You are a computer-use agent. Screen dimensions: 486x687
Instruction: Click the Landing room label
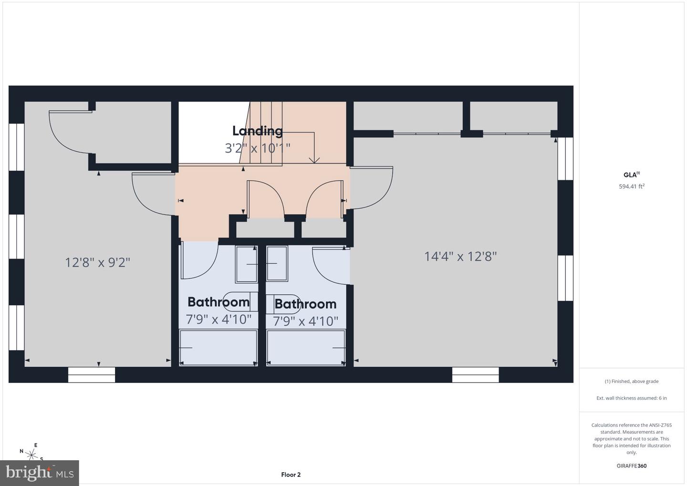tap(258, 131)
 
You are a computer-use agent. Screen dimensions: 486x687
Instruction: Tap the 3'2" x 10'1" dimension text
tap(258, 148)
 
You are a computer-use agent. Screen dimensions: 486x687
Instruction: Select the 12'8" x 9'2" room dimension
tap(98, 262)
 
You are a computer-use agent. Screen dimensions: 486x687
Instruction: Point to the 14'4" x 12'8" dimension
tap(460, 257)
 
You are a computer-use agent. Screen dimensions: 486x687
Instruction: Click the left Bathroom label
tap(219, 302)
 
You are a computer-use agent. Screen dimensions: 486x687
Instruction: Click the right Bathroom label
tap(305, 304)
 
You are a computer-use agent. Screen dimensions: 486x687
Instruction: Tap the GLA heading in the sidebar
tap(631, 175)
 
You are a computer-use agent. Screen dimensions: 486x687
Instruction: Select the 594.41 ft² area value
tap(631, 186)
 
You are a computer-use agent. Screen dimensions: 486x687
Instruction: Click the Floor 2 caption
tap(291, 475)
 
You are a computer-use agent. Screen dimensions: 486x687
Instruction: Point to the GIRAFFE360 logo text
tap(631, 466)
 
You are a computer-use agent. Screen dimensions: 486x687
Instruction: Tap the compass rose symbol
tap(32, 454)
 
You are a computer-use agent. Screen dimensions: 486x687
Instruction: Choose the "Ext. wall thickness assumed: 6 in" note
tap(631, 398)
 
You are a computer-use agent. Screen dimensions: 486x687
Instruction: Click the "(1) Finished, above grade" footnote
tap(631, 381)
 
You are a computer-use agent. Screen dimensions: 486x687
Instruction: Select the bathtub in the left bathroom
tap(219, 347)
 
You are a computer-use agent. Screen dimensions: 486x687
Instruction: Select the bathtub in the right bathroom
tap(306, 348)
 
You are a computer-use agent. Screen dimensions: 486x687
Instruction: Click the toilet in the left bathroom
tap(240, 301)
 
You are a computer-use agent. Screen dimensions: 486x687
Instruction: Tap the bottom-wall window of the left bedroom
tap(92, 375)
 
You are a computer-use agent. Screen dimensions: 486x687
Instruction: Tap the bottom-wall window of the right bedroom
tap(475, 375)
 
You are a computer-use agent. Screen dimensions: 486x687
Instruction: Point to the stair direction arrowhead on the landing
tap(314, 160)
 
